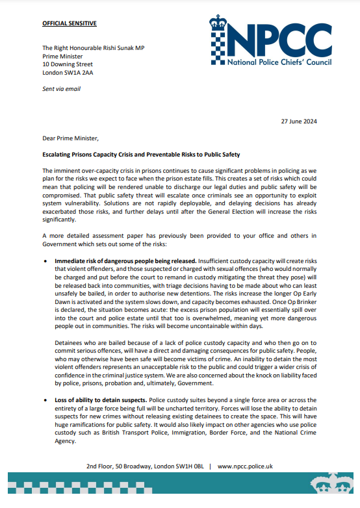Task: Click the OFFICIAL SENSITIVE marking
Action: coord(70,23)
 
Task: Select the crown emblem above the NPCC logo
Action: coord(219,23)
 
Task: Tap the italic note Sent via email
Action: coord(61,88)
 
